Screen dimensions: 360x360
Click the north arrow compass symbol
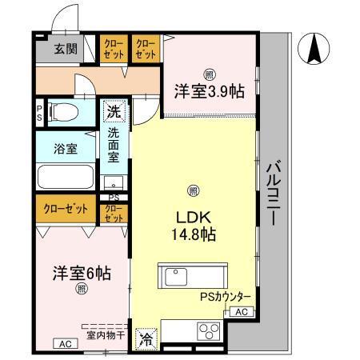pyautogui.click(x=313, y=50)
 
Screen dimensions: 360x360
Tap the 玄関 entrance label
pyautogui.click(x=65, y=50)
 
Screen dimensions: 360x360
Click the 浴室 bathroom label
pyautogui.click(x=65, y=148)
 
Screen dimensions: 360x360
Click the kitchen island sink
pyautogui.click(x=176, y=277)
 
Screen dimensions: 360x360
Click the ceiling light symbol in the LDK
pyautogui.click(x=193, y=190)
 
